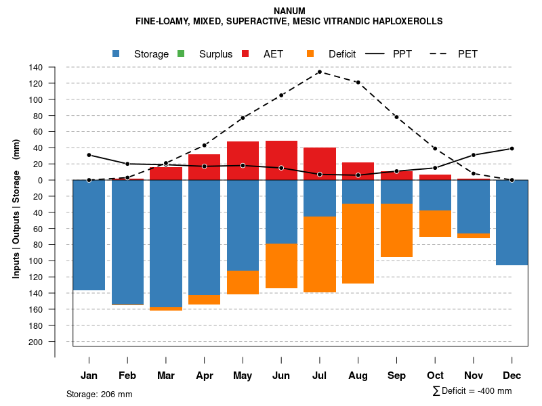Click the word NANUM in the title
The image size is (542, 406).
pos(289,11)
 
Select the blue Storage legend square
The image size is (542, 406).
pos(117,53)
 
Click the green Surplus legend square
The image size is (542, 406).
pos(181,53)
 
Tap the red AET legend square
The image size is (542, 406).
pos(245,53)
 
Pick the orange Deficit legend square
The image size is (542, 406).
pos(310,53)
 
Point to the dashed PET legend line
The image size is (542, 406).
pos(440,53)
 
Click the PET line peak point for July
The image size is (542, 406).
pos(319,72)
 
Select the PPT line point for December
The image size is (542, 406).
pos(512,148)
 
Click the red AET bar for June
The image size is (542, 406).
pos(281,160)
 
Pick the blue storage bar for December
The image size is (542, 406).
pos(512,223)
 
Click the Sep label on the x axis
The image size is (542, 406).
pos(396,376)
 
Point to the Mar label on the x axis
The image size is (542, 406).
pos(166,376)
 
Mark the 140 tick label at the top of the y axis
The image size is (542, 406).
pos(36,67)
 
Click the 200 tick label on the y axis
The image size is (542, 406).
pos(36,342)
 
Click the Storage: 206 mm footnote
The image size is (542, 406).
pos(100,394)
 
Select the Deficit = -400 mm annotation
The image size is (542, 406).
pos(472,391)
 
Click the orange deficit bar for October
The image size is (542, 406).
pos(435,224)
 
